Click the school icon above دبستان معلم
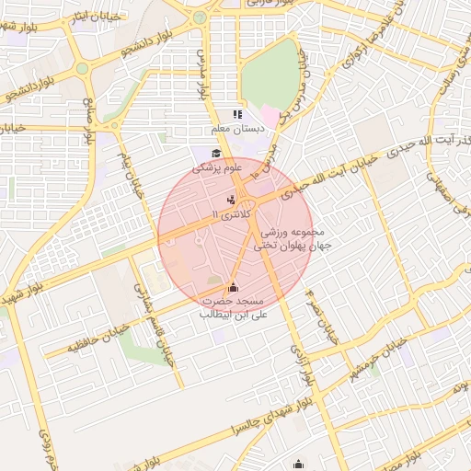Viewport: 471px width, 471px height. (237, 115)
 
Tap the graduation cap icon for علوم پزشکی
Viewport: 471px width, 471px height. (216, 154)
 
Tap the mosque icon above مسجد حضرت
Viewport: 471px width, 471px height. (232, 287)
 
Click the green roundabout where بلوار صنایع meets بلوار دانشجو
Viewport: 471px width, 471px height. (82, 68)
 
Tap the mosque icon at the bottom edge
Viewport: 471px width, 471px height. (297, 465)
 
